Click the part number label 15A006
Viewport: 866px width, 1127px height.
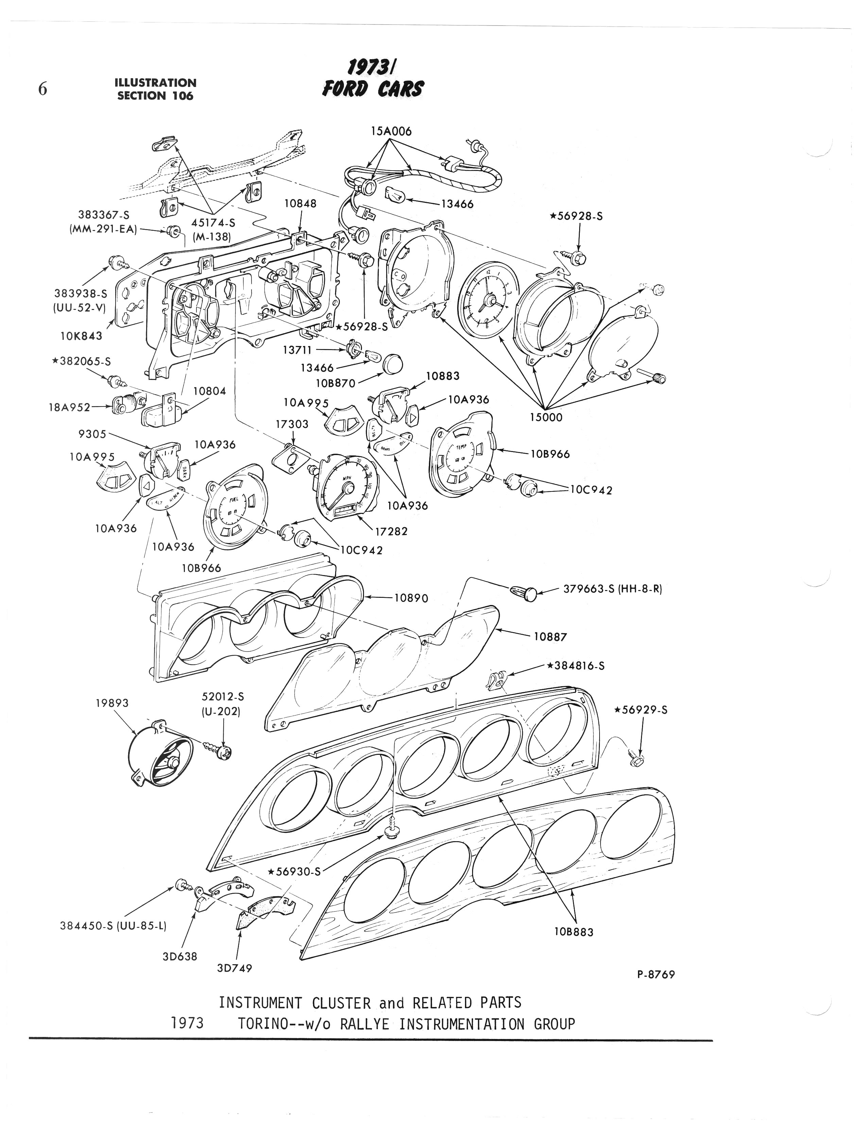tap(391, 132)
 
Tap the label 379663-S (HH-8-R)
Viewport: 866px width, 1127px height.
tap(612, 589)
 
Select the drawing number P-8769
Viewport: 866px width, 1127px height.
tap(656, 974)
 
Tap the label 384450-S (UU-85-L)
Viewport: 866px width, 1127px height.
tap(114, 925)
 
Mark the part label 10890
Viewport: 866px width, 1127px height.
tap(411, 598)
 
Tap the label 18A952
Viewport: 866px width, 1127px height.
tap(69, 408)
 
